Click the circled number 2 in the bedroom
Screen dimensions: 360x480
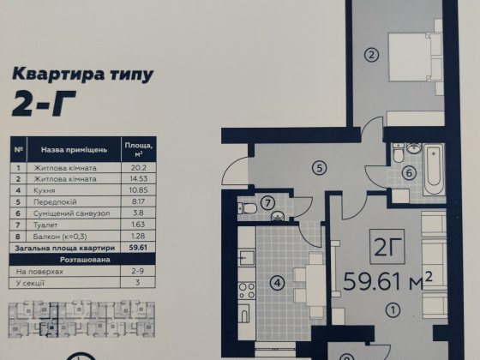371,56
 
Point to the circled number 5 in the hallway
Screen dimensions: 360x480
317,169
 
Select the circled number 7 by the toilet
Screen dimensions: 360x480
267,203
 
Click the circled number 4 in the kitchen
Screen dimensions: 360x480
276,281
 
